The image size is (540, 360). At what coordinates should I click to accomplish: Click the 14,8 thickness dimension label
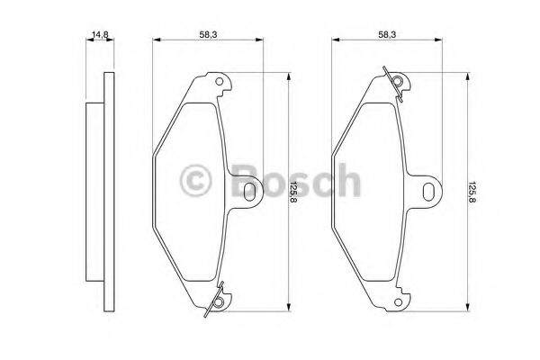tap(100, 34)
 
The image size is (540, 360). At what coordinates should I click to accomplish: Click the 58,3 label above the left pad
tap(208, 34)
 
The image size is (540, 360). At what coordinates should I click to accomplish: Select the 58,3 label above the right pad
tap(387, 34)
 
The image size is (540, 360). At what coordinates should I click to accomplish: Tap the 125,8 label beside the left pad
tap(293, 192)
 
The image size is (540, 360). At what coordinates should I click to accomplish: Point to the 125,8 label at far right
tap(472, 192)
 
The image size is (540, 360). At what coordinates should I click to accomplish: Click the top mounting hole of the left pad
tap(219, 82)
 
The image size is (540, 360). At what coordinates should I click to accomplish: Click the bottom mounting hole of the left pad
tap(218, 302)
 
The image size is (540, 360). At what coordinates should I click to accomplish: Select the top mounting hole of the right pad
tap(398, 82)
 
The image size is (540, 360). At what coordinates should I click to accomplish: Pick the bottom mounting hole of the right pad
tap(398, 302)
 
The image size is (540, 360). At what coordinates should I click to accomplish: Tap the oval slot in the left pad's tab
tap(249, 192)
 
